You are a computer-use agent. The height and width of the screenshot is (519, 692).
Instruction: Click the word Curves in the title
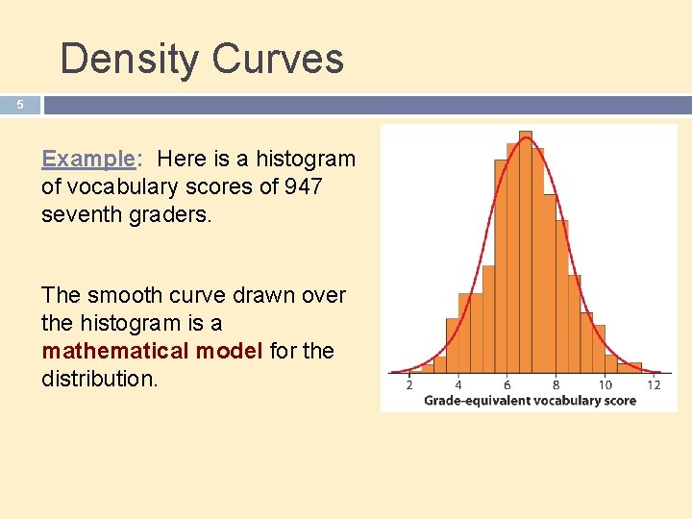278,59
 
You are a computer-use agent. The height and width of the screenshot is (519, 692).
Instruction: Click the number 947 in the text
304,186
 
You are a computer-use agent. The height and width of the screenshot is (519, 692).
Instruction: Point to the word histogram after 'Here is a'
305,159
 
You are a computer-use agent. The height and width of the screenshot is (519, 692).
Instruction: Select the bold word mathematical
115,351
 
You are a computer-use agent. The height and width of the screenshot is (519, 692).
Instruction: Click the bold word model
230,351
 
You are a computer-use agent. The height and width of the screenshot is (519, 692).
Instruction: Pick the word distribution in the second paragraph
96,379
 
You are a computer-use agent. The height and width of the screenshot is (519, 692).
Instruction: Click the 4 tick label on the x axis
458,385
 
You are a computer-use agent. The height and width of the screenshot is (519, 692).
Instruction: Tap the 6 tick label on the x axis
507,385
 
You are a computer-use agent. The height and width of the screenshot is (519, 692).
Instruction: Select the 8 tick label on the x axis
556,385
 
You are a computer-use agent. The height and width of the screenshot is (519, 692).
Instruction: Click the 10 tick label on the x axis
605,385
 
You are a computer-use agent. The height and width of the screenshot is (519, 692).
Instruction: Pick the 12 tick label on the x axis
655,385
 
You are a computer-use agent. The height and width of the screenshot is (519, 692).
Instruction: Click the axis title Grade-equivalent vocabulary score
530,400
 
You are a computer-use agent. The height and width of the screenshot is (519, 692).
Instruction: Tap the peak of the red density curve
525,137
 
